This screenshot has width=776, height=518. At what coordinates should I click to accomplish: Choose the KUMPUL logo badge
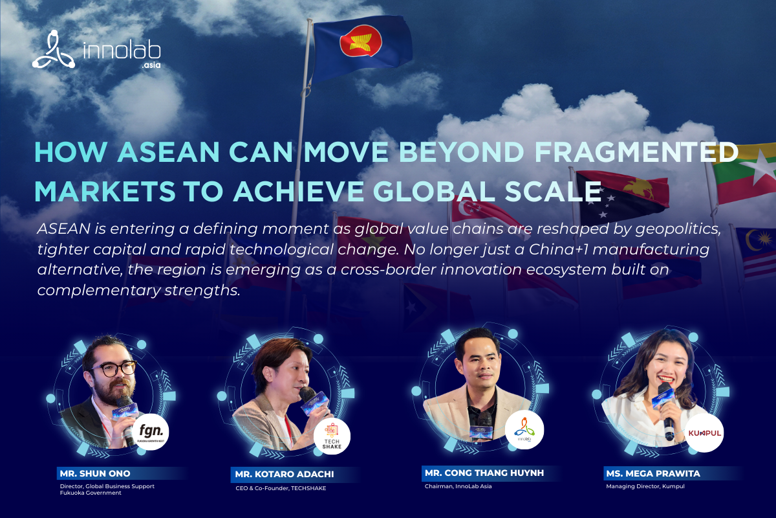coord(704,431)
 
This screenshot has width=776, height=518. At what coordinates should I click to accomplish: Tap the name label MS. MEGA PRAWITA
coord(654,473)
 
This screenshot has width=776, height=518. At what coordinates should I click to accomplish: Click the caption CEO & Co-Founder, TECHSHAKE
coord(281,488)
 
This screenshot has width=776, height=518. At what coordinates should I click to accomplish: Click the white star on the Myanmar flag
coord(762,161)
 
